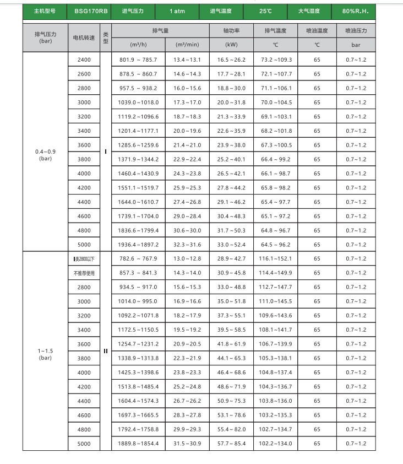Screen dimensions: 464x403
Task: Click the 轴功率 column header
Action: coord(231,31)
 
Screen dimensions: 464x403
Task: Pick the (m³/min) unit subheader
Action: coord(187,44)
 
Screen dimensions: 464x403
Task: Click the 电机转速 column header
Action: coord(84,37)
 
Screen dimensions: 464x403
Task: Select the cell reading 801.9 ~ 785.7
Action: coord(138,60)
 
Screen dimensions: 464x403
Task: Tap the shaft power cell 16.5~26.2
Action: coord(231,60)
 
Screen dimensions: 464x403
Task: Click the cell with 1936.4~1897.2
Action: coord(138,245)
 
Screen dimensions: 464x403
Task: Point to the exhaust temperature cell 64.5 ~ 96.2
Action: coord(276,245)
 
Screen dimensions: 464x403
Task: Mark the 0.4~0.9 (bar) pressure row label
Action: coord(45,154)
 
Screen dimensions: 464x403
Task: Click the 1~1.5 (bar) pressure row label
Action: coord(45,354)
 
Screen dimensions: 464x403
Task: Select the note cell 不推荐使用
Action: coord(84,273)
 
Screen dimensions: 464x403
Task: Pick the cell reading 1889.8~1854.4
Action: coord(138,444)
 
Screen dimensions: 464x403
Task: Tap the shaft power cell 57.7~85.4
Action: coord(231,444)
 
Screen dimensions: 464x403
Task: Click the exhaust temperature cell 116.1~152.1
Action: coord(276,258)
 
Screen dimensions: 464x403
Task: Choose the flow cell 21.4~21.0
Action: coord(187,145)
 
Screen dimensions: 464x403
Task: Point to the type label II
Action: coord(106,351)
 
